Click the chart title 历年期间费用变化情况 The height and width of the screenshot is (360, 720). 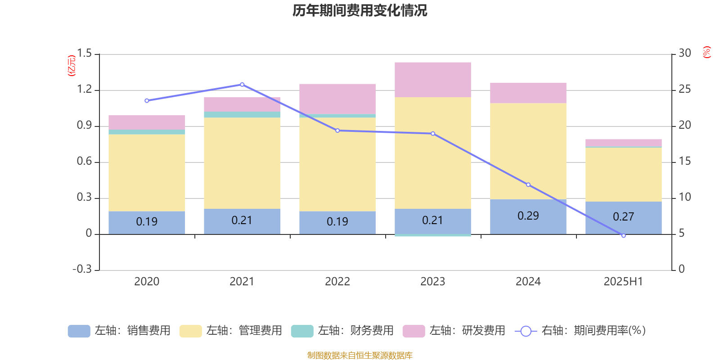360,10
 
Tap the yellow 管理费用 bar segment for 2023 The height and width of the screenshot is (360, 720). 432,153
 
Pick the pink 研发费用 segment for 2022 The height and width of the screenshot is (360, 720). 337,99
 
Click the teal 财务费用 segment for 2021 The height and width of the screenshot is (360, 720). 242,115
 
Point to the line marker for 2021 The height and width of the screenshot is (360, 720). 242,85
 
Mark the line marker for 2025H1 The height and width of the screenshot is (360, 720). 623,236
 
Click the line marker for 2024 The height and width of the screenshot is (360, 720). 528,185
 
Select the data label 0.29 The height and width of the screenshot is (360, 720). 528,216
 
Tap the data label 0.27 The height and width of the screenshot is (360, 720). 623,217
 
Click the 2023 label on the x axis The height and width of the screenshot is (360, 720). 432,282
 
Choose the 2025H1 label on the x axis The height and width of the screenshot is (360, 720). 623,282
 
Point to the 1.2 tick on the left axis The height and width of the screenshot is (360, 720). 84,90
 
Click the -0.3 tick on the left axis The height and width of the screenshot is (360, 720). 82,269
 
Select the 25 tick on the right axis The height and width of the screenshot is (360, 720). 684,90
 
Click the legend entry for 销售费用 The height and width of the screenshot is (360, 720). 120,331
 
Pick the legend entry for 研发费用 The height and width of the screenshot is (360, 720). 454,331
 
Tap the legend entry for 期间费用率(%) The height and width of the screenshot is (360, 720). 580,331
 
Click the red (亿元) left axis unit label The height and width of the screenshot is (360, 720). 71,66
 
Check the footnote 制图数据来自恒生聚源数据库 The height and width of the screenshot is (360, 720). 360,355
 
